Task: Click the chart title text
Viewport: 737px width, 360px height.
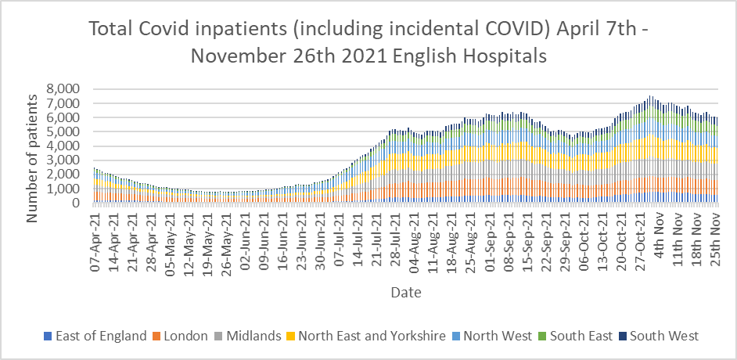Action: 368,42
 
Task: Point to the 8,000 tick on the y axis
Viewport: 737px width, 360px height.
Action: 64,88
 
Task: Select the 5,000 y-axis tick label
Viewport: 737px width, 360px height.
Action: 64,131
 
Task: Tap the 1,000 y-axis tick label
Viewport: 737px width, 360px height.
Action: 64,189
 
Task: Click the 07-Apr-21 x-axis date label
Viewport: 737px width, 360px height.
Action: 95,237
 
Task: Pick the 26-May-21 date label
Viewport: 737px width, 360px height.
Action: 225,237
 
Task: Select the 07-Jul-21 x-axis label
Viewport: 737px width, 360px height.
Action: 338,237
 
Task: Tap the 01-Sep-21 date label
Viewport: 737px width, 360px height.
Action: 488,237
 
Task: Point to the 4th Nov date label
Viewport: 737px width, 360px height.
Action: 659,232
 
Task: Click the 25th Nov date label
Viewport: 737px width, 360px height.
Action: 714,233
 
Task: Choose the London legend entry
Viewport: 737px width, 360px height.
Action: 185,336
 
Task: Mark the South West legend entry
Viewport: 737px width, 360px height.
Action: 665,336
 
